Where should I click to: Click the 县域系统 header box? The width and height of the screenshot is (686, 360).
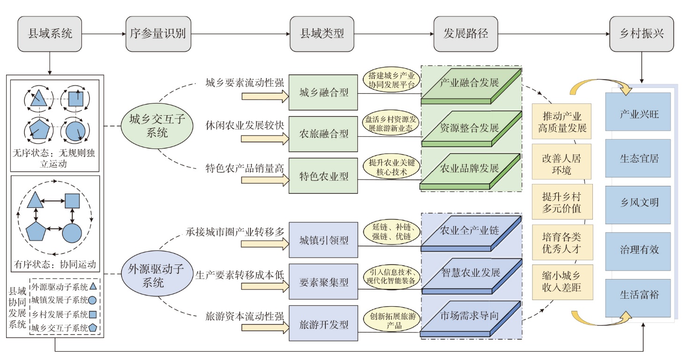point(51,34)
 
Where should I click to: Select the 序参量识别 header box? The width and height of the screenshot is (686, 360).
point(158,34)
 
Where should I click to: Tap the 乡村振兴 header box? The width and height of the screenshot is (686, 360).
point(642,34)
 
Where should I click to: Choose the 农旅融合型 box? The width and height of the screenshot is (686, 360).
point(324,134)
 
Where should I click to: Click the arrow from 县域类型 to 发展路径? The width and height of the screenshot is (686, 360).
point(393,34)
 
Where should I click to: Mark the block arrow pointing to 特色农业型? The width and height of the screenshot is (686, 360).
point(266,180)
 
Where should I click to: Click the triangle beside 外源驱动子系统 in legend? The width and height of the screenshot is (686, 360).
point(94,286)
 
